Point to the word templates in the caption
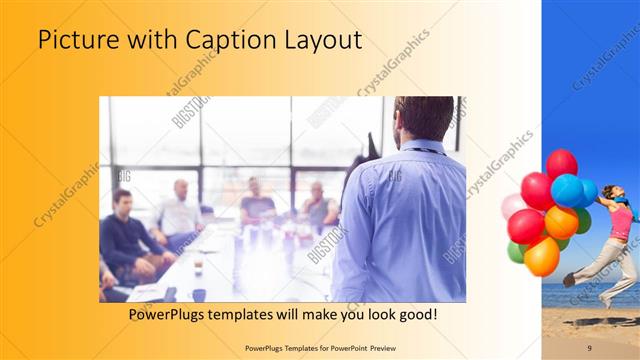pos(255,314)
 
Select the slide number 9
pos(590,346)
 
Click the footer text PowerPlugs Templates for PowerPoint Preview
pos(319,346)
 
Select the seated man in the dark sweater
pos(125,235)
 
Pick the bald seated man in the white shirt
pos(180,210)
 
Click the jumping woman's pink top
pos(621,220)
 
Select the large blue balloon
pos(568,190)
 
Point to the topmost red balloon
pos(561,162)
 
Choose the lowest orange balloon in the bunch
pos(541,257)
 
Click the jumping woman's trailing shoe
pos(569,280)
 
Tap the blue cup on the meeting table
pos(199,294)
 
